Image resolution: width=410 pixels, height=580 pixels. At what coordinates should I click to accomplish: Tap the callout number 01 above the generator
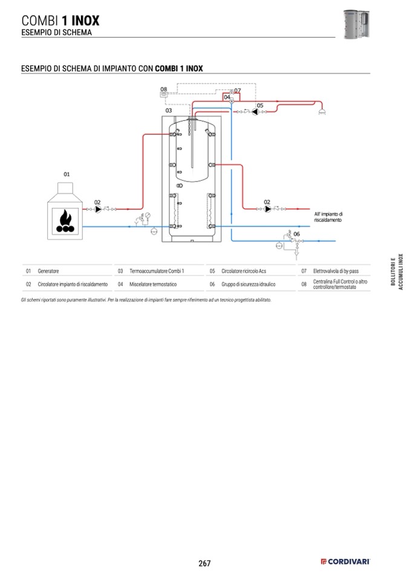click(x=67, y=174)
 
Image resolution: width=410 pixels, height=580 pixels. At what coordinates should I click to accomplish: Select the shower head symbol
click(x=322, y=111)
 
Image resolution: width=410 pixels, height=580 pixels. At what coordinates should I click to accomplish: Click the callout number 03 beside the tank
click(x=169, y=111)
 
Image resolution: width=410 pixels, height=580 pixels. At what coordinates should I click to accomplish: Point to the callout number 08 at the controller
click(x=163, y=89)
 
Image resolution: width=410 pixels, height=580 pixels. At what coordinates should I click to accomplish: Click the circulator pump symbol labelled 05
click(x=255, y=112)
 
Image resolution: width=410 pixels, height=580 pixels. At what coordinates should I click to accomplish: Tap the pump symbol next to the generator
click(x=97, y=209)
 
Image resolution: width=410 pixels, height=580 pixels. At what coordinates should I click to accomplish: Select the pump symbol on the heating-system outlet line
click(x=267, y=209)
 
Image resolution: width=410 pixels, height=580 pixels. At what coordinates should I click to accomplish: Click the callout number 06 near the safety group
click(x=296, y=234)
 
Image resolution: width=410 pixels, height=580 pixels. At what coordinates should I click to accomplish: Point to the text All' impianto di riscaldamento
click(x=328, y=217)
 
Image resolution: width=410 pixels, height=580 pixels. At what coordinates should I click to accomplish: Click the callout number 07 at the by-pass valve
click(x=238, y=91)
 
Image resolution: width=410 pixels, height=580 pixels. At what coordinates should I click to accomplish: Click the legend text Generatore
click(x=48, y=272)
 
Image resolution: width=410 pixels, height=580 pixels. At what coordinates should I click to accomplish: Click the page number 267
click(x=204, y=563)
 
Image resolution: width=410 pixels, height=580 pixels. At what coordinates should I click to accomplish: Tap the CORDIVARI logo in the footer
click(x=345, y=563)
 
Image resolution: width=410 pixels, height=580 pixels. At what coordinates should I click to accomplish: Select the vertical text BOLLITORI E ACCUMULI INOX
click(x=396, y=273)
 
